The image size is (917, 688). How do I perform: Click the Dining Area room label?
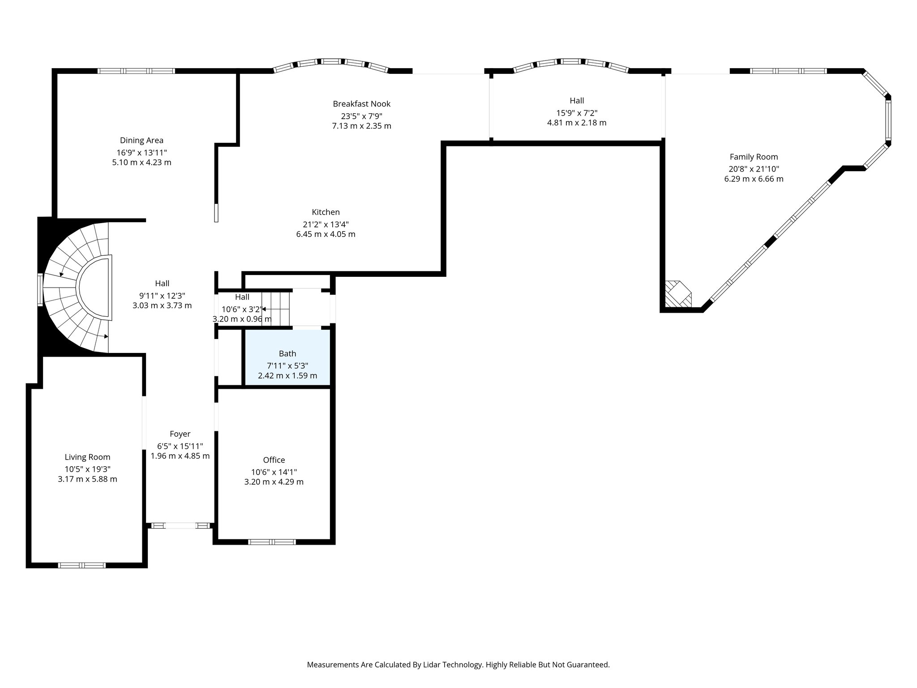pyautogui.click(x=141, y=140)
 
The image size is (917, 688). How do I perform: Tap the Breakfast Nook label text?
pyautogui.click(x=361, y=104)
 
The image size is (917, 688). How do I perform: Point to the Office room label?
pyautogui.click(x=274, y=460)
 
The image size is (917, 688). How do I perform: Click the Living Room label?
pyautogui.click(x=87, y=457)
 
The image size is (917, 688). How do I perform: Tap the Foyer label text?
pyautogui.click(x=180, y=434)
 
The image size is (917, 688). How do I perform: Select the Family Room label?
pyautogui.click(x=754, y=157)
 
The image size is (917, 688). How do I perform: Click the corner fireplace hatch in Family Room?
pyautogui.click(x=677, y=294)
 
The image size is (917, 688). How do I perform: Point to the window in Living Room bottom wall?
pyautogui.click(x=82, y=565)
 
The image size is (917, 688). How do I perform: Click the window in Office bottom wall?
pyautogui.click(x=272, y=542)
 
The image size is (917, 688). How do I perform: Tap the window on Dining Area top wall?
pyautogui.click(x=136, y=71)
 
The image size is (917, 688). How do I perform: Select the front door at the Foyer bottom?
pyautogui.click(x=180, y=526)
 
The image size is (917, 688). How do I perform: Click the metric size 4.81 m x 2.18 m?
pyautogui.click(x=577, y=123)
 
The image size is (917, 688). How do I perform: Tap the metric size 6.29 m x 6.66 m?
pyautogui.click(x=754, y=179)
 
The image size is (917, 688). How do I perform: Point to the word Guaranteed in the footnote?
pyautogui.click(x=587, y=665)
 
